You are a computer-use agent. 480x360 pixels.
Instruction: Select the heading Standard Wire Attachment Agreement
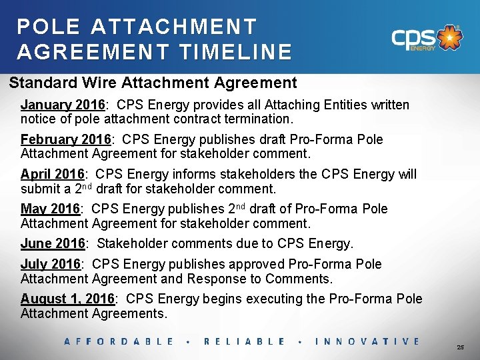(153, 83)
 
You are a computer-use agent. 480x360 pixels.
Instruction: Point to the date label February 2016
(66, 140)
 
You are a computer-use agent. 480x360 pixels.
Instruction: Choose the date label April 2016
(52, 175)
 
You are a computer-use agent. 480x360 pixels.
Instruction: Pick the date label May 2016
(50, 209)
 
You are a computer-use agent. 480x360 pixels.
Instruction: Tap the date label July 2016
(51, 265)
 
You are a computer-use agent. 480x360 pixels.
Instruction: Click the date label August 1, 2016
(69, 299)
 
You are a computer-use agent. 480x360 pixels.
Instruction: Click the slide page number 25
(461, 348)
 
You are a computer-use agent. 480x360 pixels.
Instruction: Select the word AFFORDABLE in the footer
(119, 341)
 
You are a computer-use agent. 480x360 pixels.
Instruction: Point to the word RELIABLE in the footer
(244, 341)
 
